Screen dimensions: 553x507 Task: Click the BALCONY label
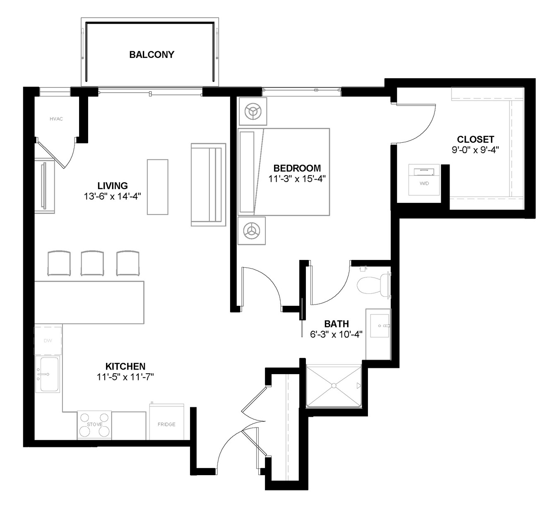coord(151,55)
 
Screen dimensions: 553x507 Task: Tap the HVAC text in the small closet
coord(56,119)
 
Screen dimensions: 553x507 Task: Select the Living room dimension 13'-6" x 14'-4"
coord(113,196)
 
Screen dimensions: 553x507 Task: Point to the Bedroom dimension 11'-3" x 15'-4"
coord(297,179)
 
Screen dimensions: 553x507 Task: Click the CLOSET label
coord(476,139)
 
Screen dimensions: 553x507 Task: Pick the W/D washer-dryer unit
coord(424,180)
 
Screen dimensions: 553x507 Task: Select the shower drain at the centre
coord(334,385)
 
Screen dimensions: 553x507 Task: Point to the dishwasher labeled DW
coord(48,341)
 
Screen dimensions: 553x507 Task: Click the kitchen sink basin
coord(50,374)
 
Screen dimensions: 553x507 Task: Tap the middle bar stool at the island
coord(92,263)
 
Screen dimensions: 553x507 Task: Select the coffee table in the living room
coord(157,187)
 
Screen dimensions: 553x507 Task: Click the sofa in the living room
coord(208,185)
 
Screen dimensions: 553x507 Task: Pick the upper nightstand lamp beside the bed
coord(253,112)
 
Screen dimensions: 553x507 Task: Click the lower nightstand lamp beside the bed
coord(251,231)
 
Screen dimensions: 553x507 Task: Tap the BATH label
coord(337,324)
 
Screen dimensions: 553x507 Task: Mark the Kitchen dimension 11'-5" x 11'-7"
coord(125,377)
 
